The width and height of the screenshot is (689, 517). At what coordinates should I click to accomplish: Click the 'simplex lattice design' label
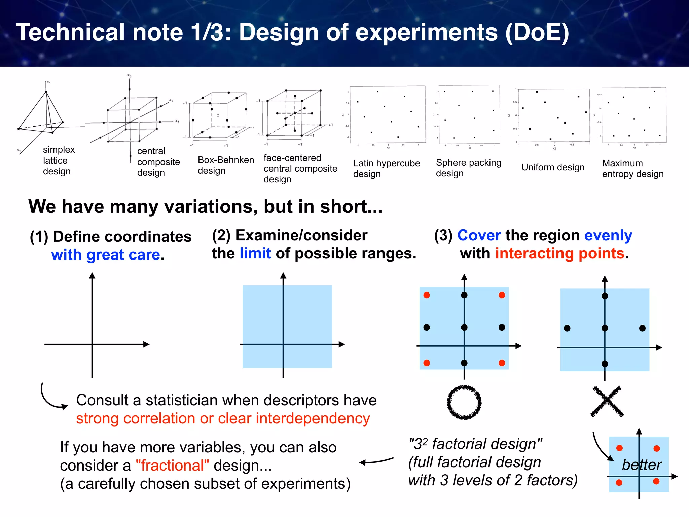tap(59, 161)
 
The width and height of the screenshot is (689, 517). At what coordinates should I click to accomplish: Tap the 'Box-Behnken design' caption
tap(225, 165)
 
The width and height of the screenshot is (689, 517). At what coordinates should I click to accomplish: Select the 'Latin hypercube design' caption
tap(386, 168)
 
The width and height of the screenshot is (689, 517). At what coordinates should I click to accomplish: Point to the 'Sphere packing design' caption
tap(468, 168)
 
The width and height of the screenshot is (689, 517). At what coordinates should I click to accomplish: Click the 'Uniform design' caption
tap(553, 167)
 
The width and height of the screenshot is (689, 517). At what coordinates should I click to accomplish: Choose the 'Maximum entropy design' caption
tap(632, 168)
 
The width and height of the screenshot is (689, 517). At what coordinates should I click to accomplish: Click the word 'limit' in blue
tap(255, 253)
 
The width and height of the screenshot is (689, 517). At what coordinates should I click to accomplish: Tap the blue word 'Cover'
tap(479, 235)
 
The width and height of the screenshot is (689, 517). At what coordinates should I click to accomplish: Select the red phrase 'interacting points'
tap(559, 253)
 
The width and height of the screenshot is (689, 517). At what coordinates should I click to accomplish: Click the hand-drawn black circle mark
tap(464, 402)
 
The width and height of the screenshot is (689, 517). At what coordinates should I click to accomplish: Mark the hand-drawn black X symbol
tap(607, 402)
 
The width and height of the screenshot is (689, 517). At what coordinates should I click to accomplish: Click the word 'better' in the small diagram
tap(642, 465)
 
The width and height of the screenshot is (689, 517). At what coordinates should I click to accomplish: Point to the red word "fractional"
tap(172, 466)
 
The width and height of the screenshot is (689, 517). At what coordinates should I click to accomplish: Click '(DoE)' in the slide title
tap(537, 33)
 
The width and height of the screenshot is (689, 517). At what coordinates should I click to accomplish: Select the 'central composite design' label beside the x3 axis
tap(158, 162)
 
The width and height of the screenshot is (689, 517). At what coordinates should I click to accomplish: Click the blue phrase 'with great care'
tap(105, 255)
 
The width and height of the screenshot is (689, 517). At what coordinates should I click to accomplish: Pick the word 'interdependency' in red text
tap(313, 418)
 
